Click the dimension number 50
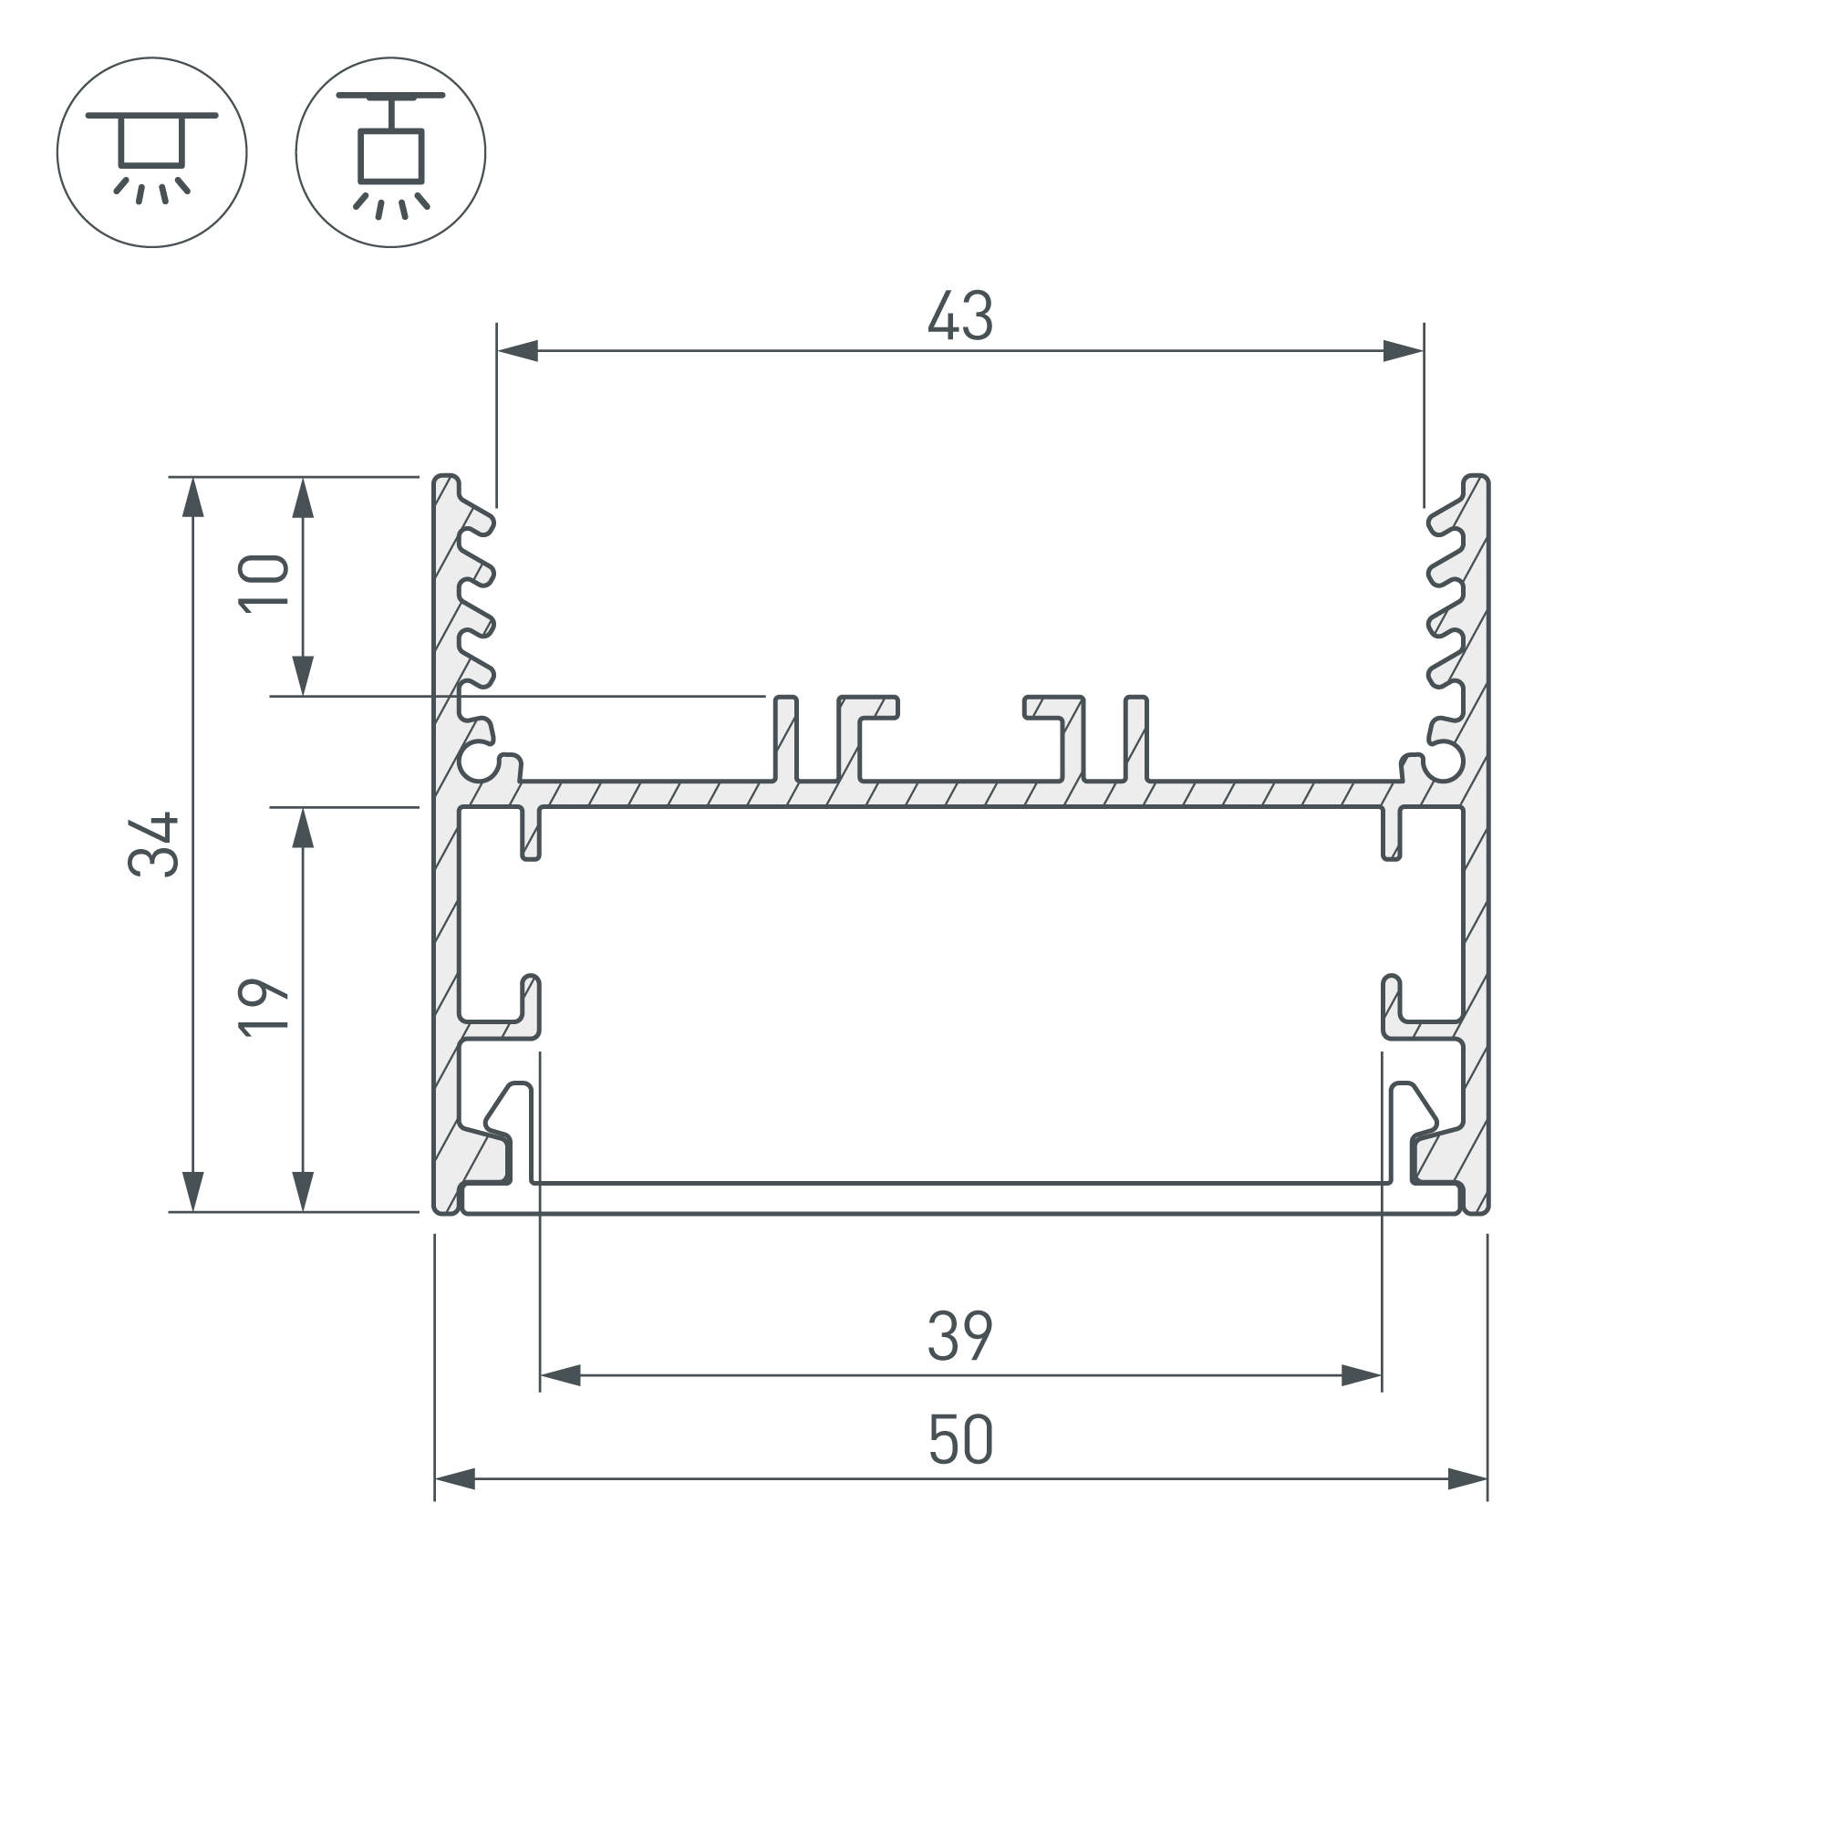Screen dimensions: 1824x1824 [x=960, y=1439]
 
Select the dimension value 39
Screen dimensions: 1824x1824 [x=960, y=1336]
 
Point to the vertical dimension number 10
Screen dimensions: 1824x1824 [x=264, y=586]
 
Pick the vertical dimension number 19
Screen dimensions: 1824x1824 [x=264, y=1009]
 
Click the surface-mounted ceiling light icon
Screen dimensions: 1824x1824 [x=152, y=152]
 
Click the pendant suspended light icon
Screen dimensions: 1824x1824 [x=391, y=152]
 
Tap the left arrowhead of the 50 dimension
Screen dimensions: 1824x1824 [x=455, y=1479]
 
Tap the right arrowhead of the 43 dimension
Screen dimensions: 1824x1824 [x=1403, y=351]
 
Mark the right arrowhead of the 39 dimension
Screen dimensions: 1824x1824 [x=1362, y=1375]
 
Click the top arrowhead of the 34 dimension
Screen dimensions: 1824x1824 [x=192, y=498]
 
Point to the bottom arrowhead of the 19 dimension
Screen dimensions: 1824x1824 [x=302, y=1190]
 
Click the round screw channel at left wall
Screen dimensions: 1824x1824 [x=482, y=762]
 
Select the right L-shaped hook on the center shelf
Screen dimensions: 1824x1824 [x=1053, y=708]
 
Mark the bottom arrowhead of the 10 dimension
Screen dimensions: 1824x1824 [x=302, y=675]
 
